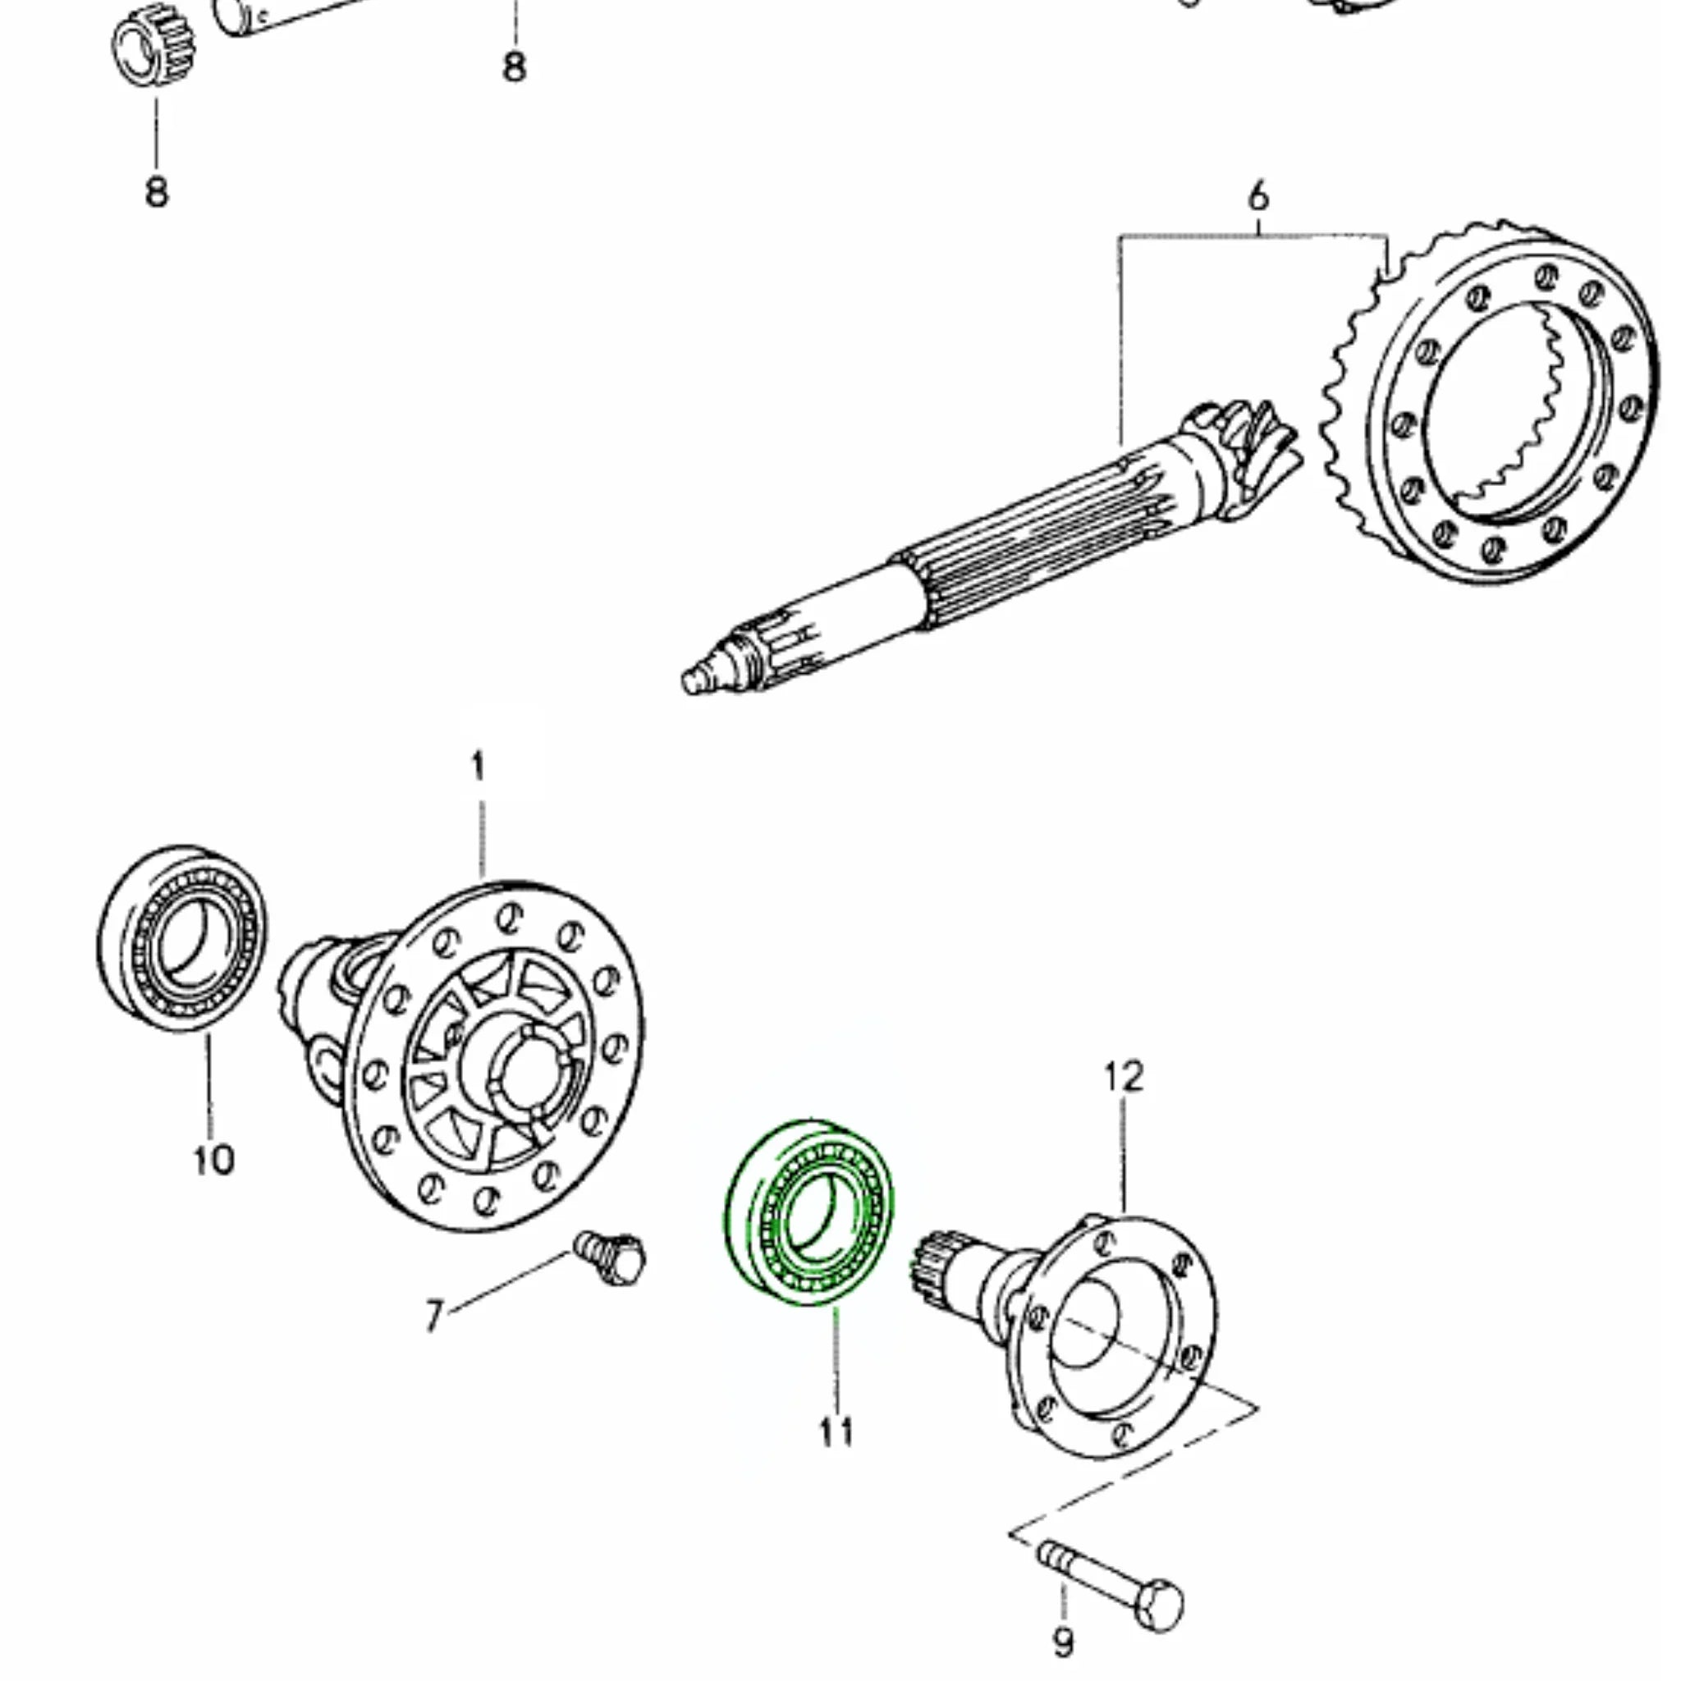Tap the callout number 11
tap(836, 1431)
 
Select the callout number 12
tap(1124, 1077)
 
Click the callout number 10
tap(213, 1160)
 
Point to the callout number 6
tap(1258, 197)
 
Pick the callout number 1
tap(478, 767)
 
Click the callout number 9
tap(1063, 1642)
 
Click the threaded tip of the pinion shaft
tap(696, 680)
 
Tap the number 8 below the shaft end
tap(514, 67)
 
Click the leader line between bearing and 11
tap(836, 1358)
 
